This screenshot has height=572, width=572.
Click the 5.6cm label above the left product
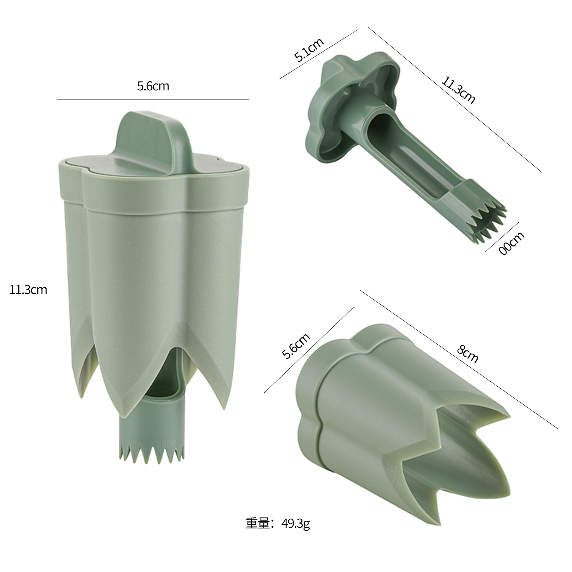coord(153,86)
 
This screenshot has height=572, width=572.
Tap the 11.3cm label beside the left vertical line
coord(28,290)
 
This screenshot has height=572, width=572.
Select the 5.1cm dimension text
coord(309,50)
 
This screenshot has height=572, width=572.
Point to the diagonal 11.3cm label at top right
coord(458,90)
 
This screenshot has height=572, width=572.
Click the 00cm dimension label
coord(512,243)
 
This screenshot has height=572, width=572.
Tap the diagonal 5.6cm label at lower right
coord(296,346)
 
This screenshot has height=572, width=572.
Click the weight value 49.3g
coord(296,523)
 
